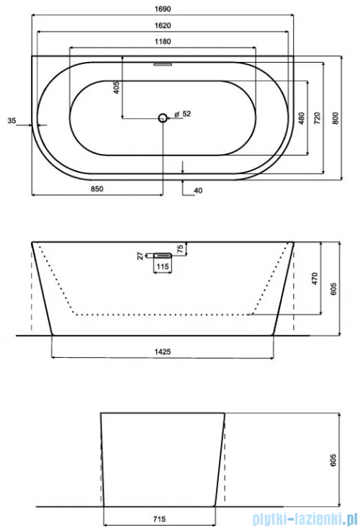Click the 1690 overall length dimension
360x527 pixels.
click(x=163, y=9)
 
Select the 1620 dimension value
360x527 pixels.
click(x=163, y=25)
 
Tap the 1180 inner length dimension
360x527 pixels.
click(x=163, y=42)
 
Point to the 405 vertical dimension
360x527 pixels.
click(x=117, y=87)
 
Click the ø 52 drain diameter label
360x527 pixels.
click(x=183, y=114)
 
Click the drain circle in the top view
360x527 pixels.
click(x=163, y=117)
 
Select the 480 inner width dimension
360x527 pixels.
click(x=302, y=117)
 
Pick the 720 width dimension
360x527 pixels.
click(x=318, y=117)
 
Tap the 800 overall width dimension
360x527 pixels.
click(x=335, y=117)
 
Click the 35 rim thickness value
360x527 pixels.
click(x=12, y=120)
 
